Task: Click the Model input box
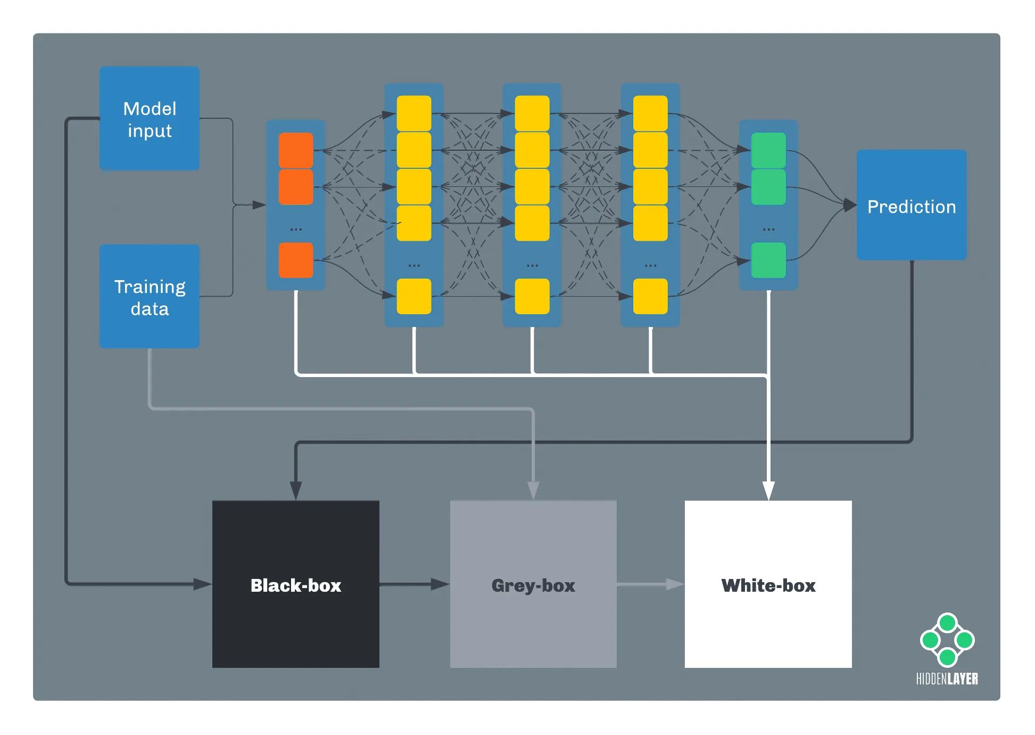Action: coord(150,118)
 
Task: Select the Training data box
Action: coord(150,297)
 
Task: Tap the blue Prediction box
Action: coord(912,205)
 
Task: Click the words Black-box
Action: coord(296,585)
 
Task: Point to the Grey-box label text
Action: coord(533,585)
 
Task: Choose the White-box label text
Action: coord(768,585)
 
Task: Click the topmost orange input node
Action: coord(296,150)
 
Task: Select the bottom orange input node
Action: coord(296,260)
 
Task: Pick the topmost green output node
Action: coord(768,150)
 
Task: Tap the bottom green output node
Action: coord(768,260)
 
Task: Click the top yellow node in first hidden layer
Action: coord(414,113)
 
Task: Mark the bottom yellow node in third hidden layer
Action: coord(650,296)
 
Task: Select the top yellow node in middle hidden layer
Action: coord(532,113)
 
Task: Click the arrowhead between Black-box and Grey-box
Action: coord(440,584)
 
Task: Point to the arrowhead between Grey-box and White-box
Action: coord(675,584)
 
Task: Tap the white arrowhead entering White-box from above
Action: coord(768,490)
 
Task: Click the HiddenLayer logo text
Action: coord(947,679)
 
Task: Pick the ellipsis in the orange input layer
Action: coord(296,229)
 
